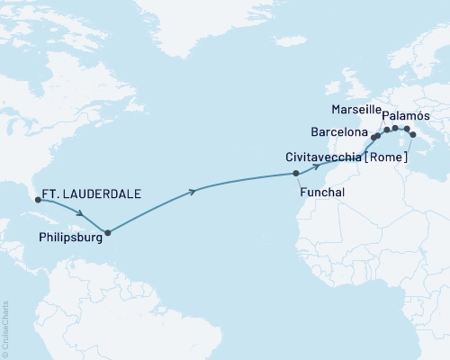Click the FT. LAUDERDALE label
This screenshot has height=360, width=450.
(92, 192)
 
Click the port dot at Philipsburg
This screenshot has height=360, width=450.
(108, 232)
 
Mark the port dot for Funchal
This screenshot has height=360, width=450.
(295, 172)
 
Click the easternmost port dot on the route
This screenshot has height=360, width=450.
(413, 134)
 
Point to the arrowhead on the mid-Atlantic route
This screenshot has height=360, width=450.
(194, 191)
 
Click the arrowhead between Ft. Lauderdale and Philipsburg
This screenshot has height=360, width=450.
(83, 213)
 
